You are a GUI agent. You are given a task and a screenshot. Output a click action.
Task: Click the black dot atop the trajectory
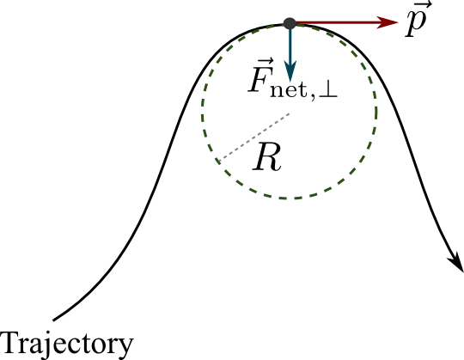290,23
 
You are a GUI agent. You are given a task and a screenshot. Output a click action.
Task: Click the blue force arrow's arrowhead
290,70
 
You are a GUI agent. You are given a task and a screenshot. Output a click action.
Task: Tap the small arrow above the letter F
261,62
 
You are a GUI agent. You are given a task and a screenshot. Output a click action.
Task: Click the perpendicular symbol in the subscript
328,91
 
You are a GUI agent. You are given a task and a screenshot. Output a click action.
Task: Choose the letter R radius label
266,156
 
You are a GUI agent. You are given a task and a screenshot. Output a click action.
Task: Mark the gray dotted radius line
253,137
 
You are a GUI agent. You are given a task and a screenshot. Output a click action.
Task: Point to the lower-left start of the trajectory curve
53,320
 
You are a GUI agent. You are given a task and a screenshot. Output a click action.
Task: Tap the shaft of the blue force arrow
290,45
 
